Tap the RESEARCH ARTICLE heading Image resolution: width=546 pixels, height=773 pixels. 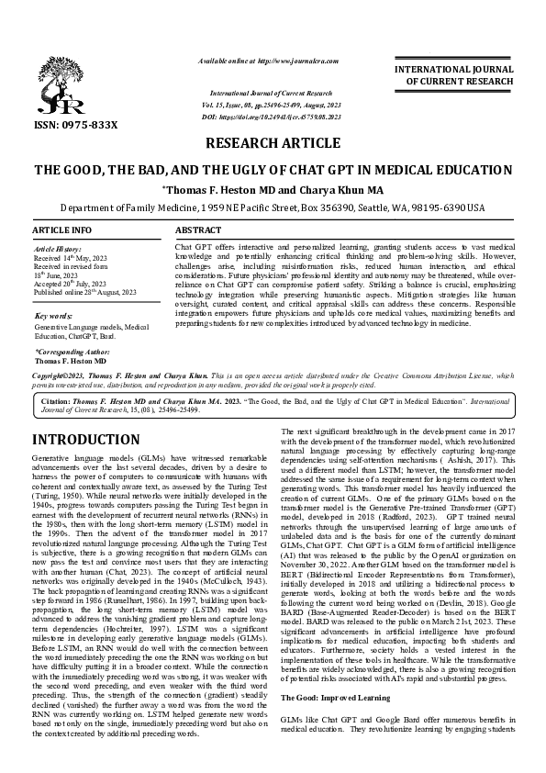(273, 144)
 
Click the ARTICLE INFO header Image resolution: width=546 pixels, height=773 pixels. (62, 229)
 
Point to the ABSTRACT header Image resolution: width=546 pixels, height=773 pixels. (197, 229)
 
